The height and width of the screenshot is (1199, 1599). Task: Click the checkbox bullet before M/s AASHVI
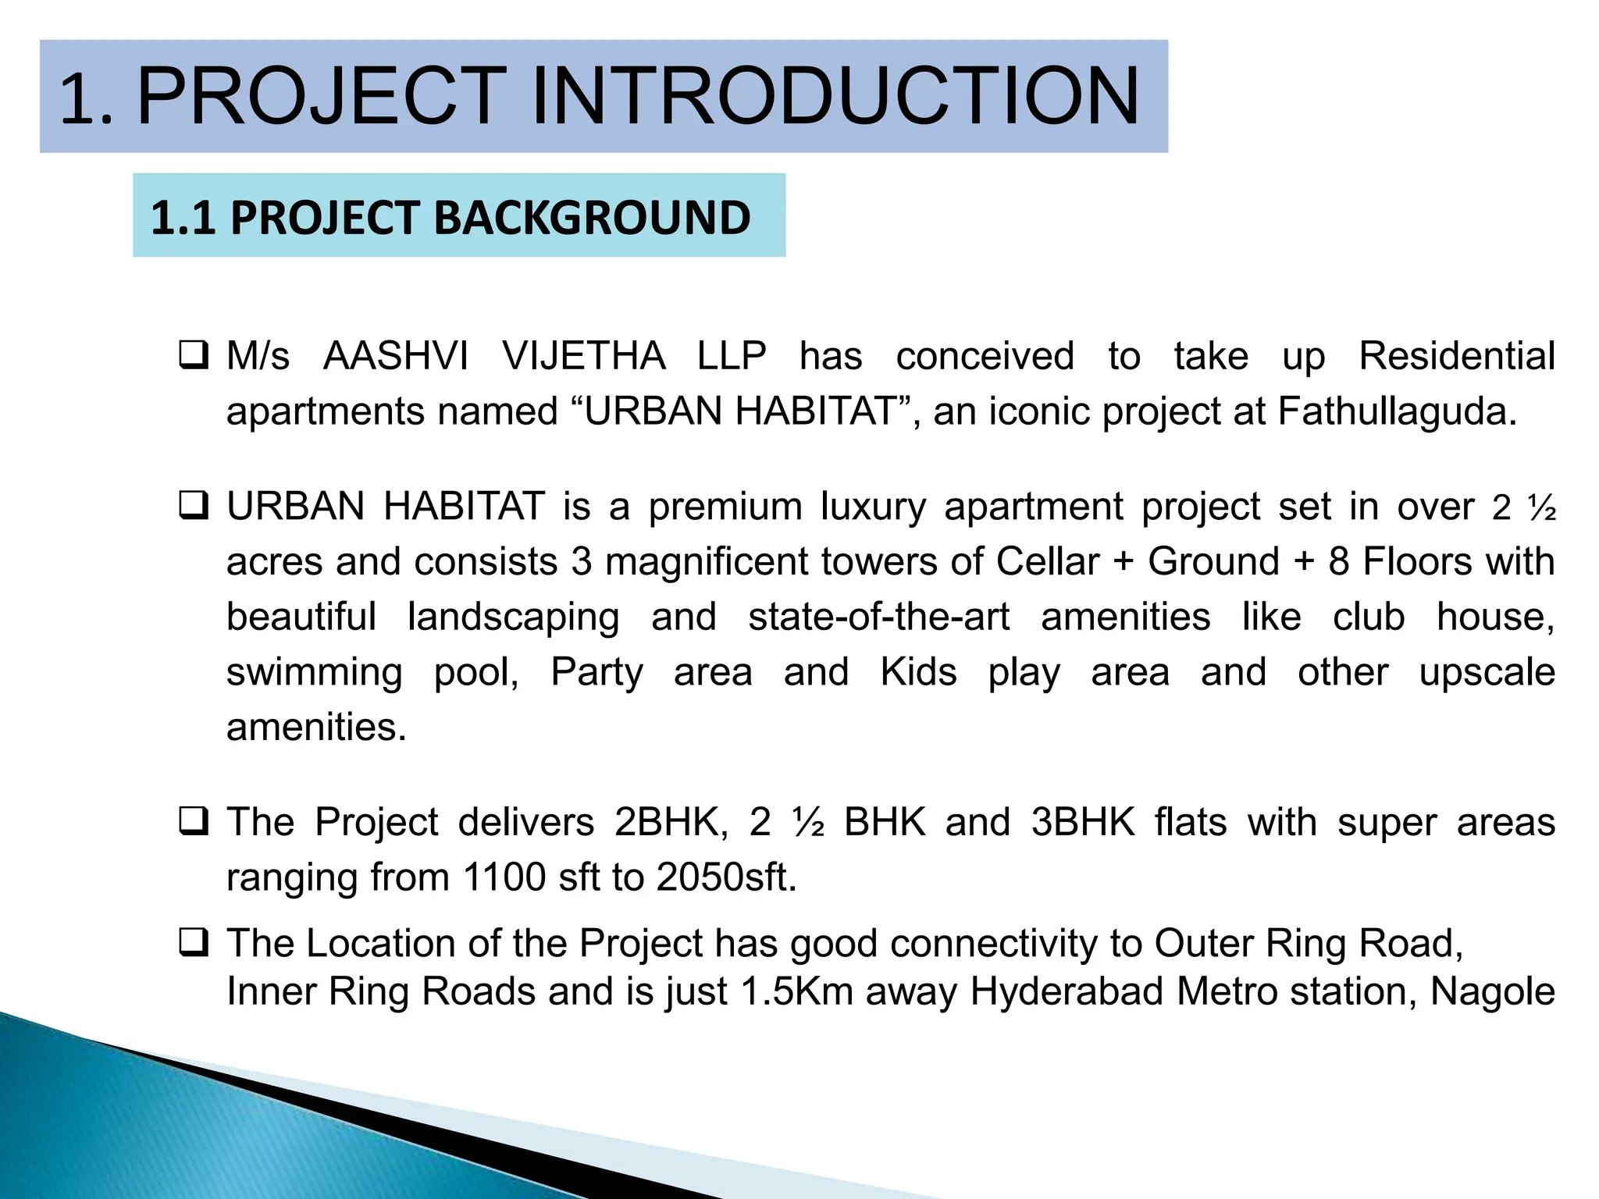193,355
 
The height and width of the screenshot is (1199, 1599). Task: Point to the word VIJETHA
583,356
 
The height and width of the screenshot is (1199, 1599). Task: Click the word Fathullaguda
1397,411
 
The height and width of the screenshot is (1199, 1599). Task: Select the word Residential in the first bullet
1456,356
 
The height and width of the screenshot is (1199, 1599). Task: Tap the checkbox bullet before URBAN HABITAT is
193,506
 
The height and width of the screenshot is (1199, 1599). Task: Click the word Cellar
1047,561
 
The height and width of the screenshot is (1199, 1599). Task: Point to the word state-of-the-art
878,617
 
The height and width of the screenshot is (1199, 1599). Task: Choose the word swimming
314,673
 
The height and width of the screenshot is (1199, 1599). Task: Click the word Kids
918,672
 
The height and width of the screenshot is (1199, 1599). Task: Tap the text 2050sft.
726,877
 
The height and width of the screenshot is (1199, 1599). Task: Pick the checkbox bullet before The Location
193,942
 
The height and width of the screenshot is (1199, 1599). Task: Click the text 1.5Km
796,991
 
